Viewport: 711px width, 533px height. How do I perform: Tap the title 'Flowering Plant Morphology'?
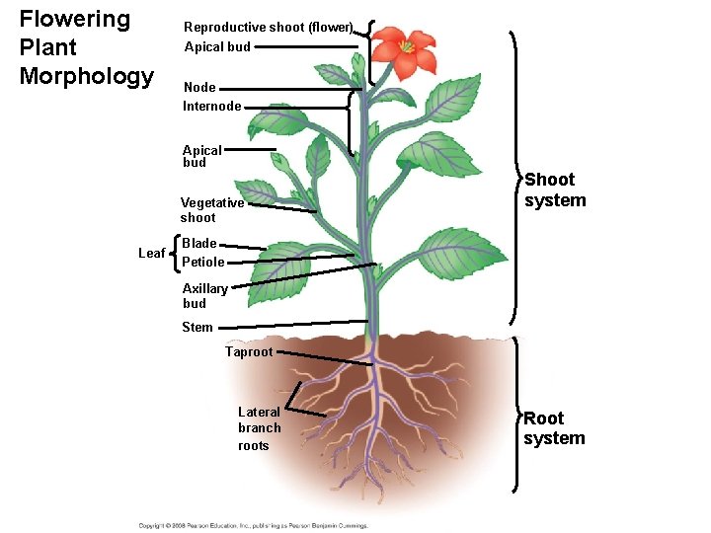point(87,47)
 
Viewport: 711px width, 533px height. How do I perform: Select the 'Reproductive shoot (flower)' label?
point(268,27)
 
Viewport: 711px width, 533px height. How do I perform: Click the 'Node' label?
point(198,88)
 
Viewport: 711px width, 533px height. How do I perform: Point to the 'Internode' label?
point(211,106)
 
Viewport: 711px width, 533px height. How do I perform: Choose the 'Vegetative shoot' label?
point(211,210)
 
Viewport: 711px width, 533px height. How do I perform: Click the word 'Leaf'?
point(151,254)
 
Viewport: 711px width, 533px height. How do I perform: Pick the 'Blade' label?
point(198,243)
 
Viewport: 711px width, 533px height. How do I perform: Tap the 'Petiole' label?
point(203,263)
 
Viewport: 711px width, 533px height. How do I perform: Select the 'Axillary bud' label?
point(204,296)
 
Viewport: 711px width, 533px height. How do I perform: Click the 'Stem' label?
point(197,327)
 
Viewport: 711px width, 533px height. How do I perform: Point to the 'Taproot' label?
point(249,351)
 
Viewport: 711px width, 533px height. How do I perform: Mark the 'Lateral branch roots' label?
point(259,428)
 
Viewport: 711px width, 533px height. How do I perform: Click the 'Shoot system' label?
point(555,190)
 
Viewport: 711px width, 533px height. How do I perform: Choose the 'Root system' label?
point(554,428)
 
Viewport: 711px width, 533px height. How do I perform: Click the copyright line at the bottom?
point(253,524)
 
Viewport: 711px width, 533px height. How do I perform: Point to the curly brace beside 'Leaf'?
point(175,253)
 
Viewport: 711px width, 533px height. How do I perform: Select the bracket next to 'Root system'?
point(517,413)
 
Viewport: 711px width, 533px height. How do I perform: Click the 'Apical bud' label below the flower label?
point(217,46)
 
